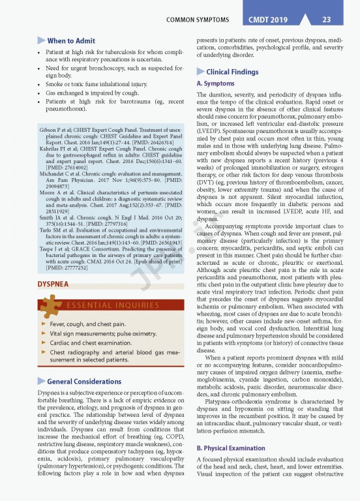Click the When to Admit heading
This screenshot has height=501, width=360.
[71, 41]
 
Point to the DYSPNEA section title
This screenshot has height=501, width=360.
[55, 284]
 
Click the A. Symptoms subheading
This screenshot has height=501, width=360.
[216, 84]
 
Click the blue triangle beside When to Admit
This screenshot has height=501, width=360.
[42, 41]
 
